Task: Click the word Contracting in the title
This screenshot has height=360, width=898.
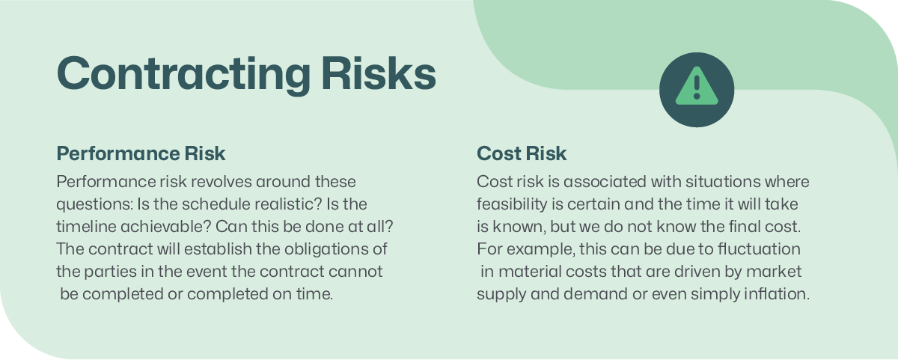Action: pyautogui.click(x=183, y=75)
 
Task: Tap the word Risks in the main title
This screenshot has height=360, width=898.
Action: pyautogui.click(x=379, y=73)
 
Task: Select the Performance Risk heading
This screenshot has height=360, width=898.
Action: pyautogui.click(x=141, y=153)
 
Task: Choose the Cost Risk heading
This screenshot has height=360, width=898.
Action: pyautogui.click(x=522, y=153)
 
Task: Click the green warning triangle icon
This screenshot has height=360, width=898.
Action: pyautogui.click(x=697, y=87)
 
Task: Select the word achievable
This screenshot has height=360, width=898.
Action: pyautogui.click(x=165, y=227)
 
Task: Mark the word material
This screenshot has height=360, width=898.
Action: pyautogui.click(x=530, y=272)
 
